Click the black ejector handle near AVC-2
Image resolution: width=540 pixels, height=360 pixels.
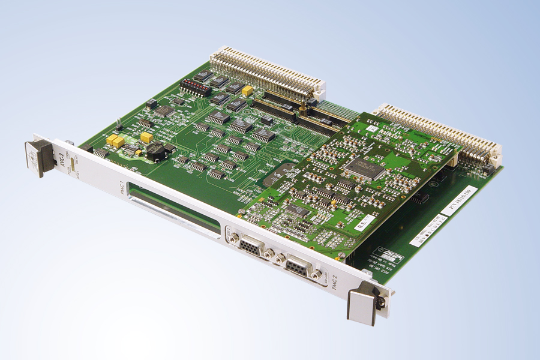coord(38,157)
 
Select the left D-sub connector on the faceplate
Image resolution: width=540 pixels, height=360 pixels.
coord(250,245)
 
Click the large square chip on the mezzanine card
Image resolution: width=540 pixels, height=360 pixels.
coord(367,167)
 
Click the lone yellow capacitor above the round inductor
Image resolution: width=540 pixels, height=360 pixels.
coord(146,137)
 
